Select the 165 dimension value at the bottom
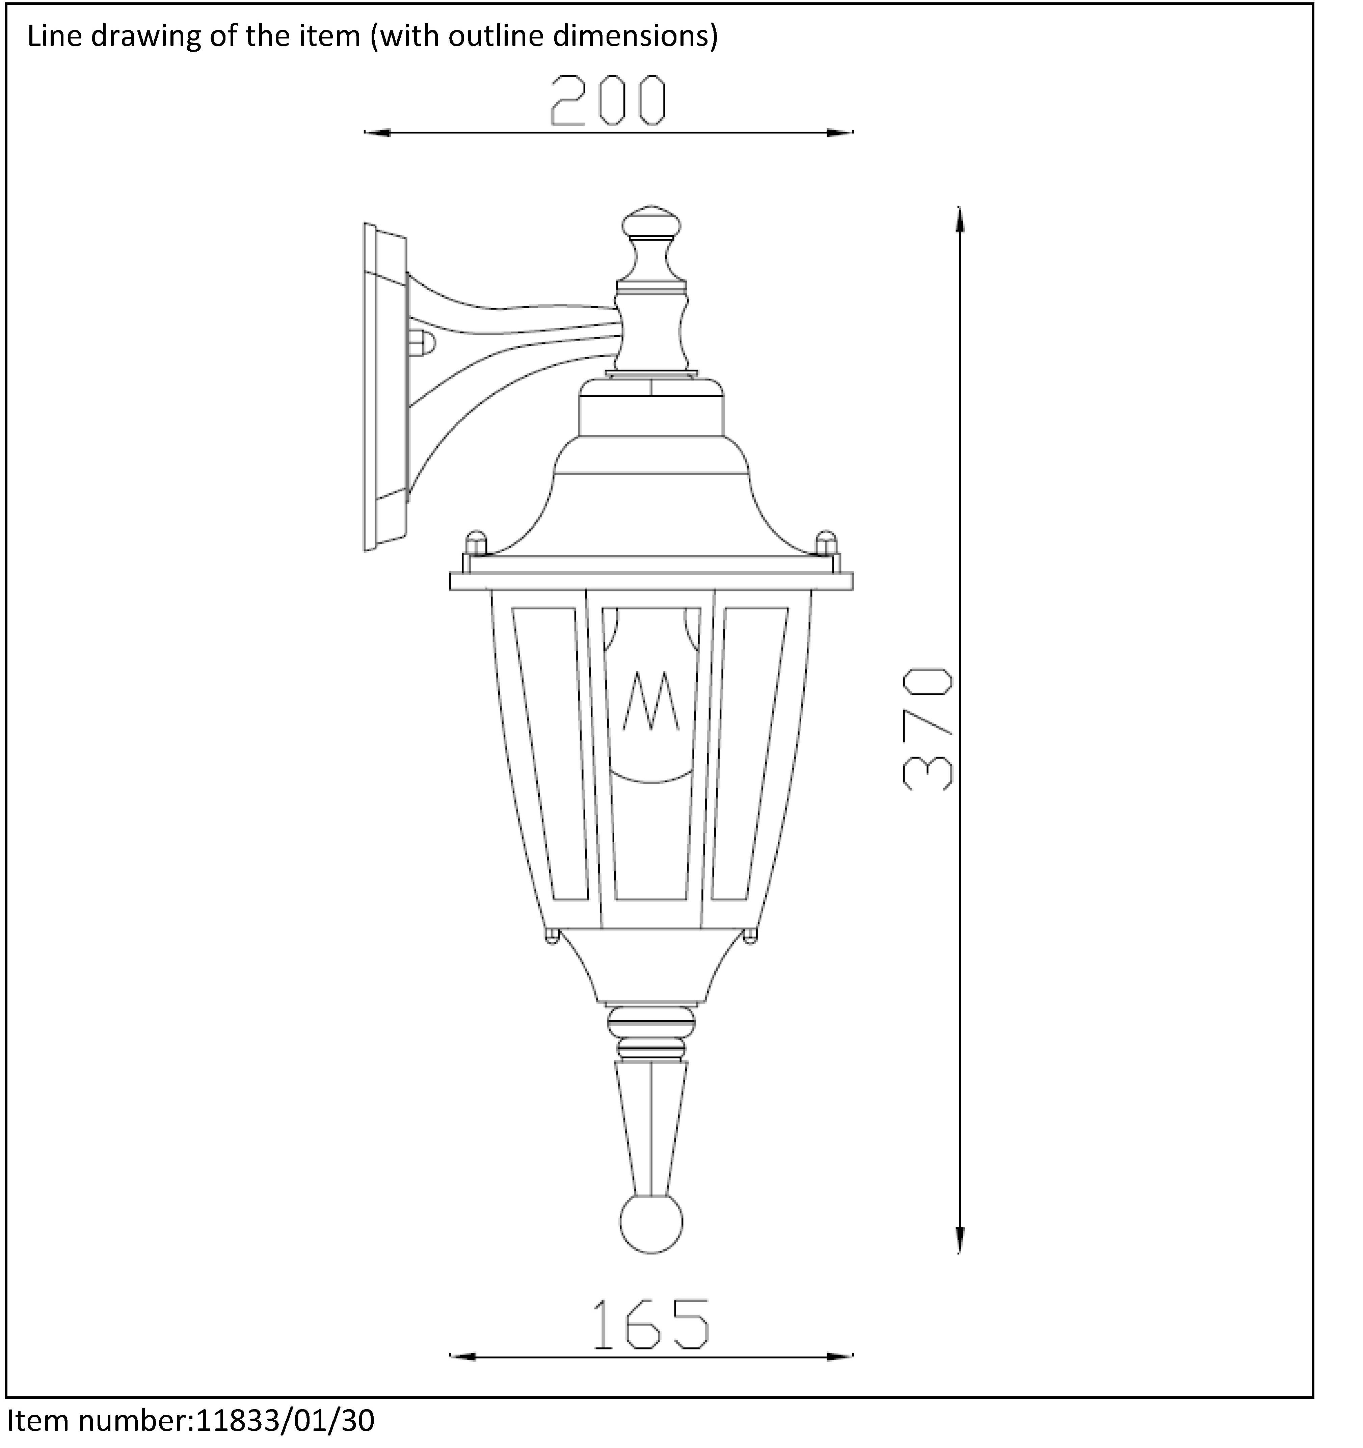pos(650,1323)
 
